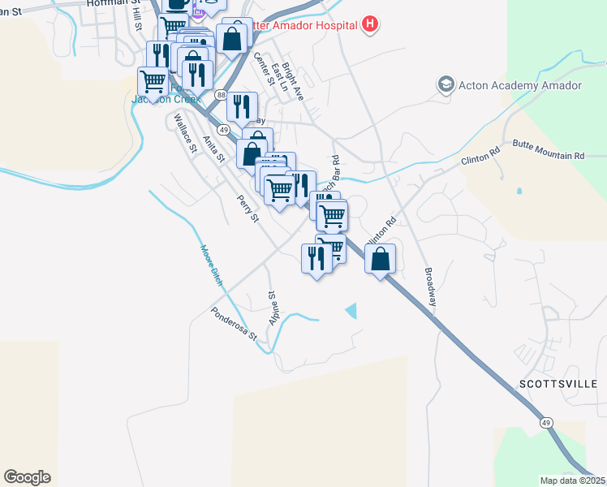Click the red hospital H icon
pos(370,25)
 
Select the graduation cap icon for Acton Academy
pos(446,84)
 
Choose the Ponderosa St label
pos(234,324)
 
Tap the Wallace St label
pos(186,133)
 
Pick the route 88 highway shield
pos(222,95)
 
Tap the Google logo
pos(27,477)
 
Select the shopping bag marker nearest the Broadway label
pos(380,260)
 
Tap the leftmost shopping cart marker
pos(153,80)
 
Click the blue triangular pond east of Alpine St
pos(351,310)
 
